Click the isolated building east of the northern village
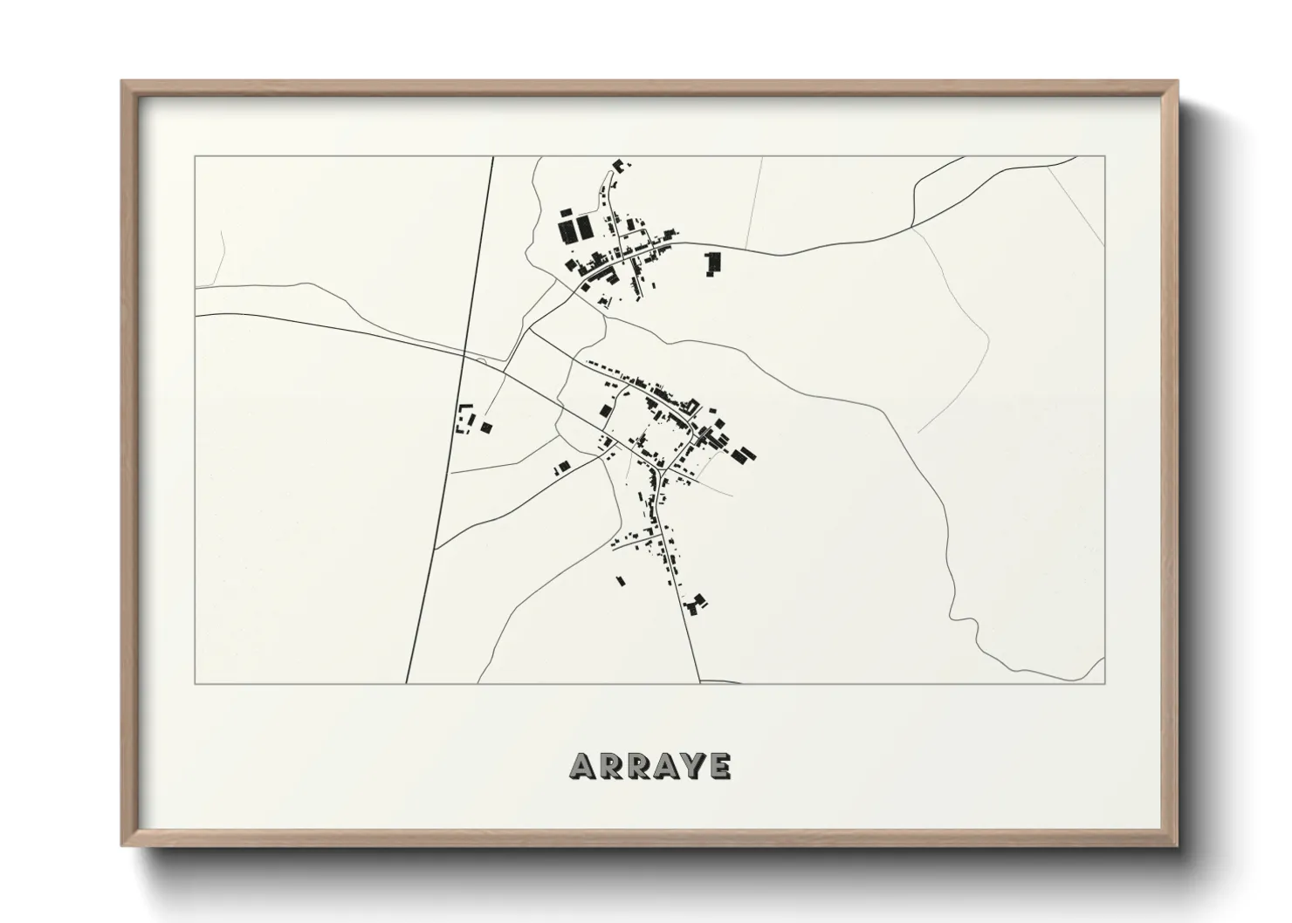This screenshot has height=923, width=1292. [714, 262]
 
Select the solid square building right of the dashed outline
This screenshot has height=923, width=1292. [486, 427]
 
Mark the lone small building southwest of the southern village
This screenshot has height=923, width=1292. [621, 580]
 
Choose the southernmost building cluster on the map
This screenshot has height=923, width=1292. [696, 604]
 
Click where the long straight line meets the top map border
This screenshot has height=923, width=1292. [493, 157]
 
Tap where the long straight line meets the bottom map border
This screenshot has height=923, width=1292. [407, 683]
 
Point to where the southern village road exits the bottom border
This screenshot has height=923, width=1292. [700, 682]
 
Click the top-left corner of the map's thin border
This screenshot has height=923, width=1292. [195, 157]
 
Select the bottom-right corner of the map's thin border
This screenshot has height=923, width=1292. [1105, 683]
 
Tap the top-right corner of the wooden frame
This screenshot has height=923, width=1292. [1179, 81]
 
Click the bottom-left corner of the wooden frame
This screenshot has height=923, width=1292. [121, 845]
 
